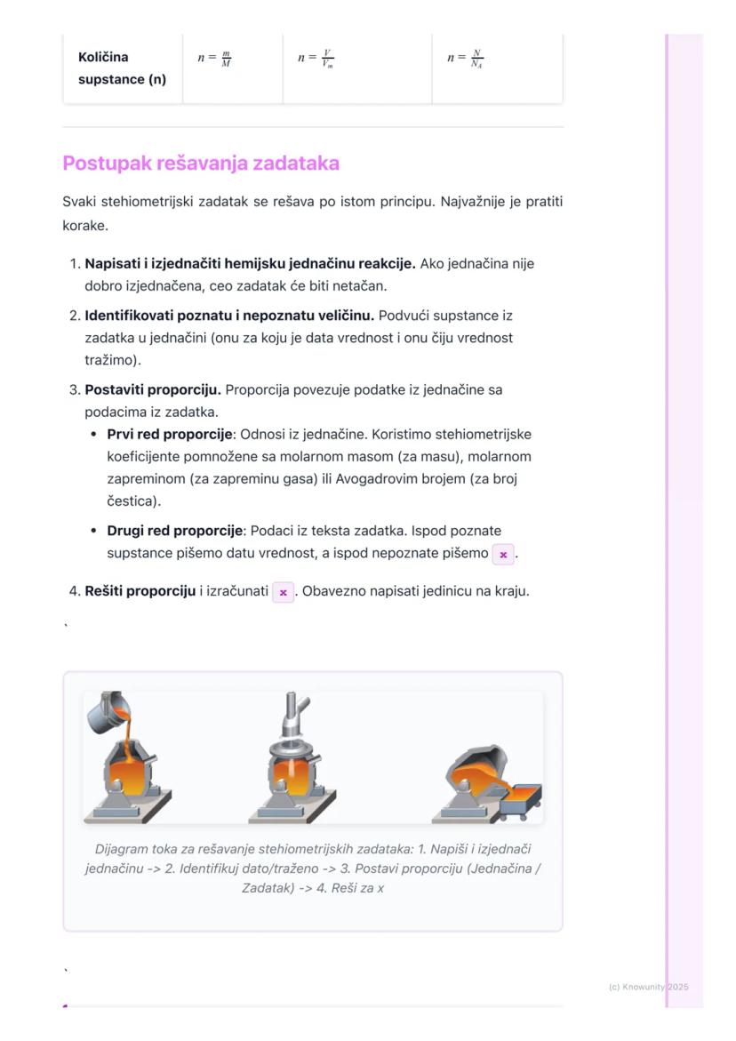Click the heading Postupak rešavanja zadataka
pos(201,164)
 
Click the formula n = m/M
pos(214,59)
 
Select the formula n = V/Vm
pos(316,59)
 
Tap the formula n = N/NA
pos(465,59)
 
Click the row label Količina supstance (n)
pos(122,68)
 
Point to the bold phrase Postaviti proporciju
pos(153,389)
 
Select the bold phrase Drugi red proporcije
pos(175,531)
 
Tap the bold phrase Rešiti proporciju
pos(140,591)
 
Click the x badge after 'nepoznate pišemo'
pos(503,554)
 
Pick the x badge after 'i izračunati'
pos(283,592)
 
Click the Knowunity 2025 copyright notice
pos(649,987)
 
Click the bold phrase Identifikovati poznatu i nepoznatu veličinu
pos(229,316)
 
